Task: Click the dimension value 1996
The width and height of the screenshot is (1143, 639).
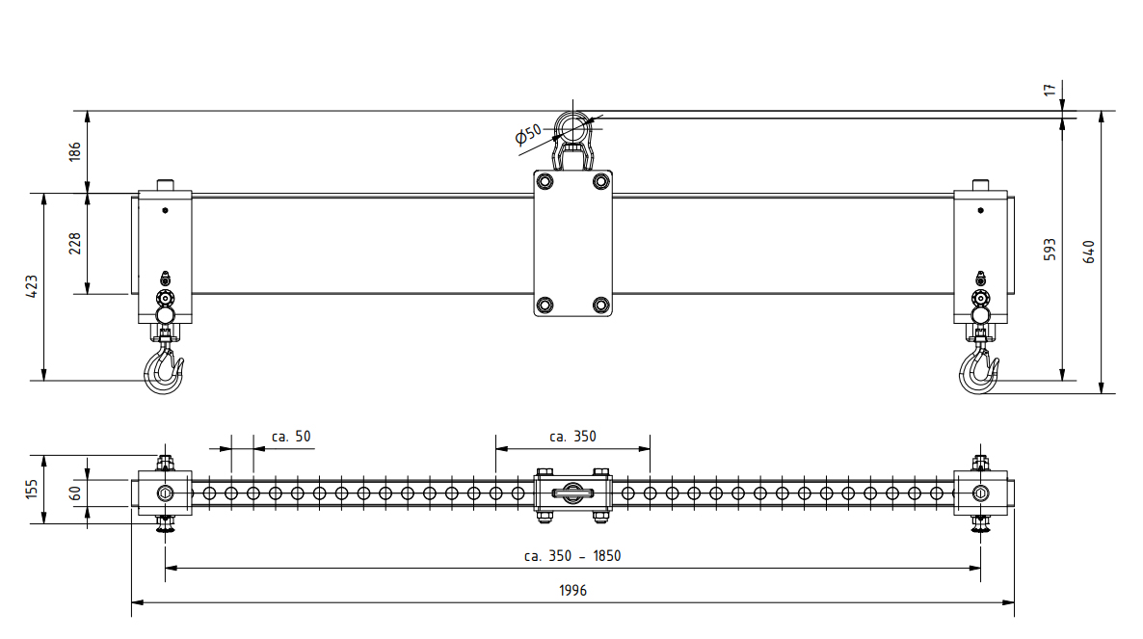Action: [x=571, y=591]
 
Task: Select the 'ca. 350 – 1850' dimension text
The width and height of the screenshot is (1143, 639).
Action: [x=571, y=556]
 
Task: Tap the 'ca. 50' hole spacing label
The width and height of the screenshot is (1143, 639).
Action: [x=291, y=437]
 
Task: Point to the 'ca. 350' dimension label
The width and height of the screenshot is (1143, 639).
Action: [x=572, y=437]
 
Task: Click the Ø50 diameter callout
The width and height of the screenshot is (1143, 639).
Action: [x=529, y=134]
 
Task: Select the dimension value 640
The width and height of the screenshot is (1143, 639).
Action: [x=1090, y=252]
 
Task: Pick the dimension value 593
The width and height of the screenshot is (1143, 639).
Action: [x=1050, y=249]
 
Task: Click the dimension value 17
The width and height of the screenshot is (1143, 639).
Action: [x=1050, y=90]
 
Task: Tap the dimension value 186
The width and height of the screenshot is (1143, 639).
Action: [x=75, y=151]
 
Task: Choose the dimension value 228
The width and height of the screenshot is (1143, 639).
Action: [x=75, y=243]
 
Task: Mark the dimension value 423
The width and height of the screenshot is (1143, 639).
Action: [x=32, y=286]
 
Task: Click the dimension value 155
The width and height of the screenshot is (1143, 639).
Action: [x=32, y=489]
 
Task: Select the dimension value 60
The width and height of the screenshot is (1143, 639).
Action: [x=75, y=493]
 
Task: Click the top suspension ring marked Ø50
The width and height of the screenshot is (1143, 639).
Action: [x=571, y=127]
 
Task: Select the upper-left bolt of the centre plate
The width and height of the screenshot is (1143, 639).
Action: [x=545, y=182]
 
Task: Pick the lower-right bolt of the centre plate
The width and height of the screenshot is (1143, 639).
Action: [x=601, y=305]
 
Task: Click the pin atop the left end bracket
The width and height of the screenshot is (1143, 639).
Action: [x=165, y=184]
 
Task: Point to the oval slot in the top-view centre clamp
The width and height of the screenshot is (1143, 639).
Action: [x=572, y=493]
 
